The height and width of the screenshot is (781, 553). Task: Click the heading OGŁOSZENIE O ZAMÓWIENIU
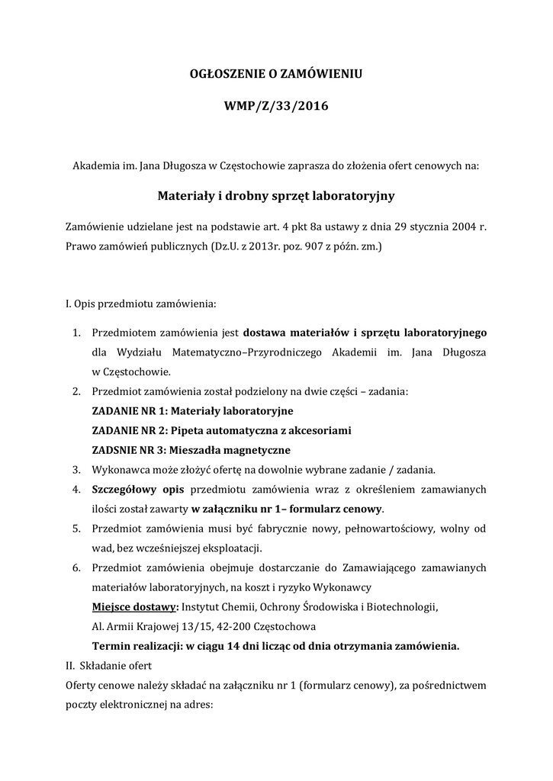coord(275,74)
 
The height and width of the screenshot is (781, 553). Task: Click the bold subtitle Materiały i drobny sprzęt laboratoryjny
coord(275,196)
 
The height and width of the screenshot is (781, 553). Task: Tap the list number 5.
coord(76,529)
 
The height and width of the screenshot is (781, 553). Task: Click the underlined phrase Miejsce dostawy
coord(133,607)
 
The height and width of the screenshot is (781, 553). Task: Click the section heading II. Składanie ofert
coord(110,666)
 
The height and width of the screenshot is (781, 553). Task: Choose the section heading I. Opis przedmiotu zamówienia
coord(141,304)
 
